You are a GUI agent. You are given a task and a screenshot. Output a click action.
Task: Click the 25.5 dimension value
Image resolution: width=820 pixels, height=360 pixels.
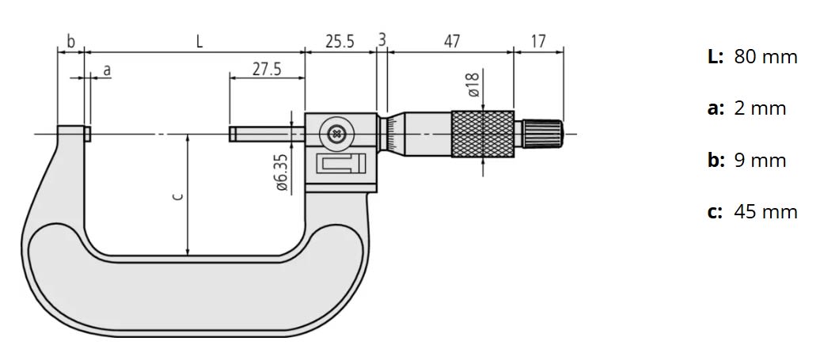[340, 41]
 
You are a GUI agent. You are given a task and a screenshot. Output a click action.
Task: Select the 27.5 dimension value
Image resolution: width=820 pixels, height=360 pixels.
[267, 69]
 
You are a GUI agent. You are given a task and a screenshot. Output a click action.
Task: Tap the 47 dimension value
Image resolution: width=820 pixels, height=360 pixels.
[451, 41]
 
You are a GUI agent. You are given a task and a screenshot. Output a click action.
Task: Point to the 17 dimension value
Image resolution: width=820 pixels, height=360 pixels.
[538, 41]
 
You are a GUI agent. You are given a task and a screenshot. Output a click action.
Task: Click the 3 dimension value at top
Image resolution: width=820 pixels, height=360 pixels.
[382, 40]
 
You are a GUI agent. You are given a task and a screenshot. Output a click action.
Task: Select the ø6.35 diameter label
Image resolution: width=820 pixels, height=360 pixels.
[281, 172]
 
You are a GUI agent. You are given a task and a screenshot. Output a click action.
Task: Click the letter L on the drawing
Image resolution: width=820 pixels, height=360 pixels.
[199, 41]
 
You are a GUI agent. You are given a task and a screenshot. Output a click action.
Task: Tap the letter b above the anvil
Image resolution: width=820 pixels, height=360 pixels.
[70, 41]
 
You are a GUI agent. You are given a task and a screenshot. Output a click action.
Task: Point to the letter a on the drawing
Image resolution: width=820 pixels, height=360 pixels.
[107, 70]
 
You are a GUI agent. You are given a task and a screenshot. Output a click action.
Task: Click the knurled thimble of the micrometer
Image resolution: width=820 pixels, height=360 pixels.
[482, 134]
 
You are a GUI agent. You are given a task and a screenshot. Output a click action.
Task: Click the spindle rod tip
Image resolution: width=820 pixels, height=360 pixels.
[233, 134]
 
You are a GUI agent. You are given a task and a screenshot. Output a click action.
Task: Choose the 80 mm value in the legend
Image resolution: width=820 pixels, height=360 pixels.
[765, 57]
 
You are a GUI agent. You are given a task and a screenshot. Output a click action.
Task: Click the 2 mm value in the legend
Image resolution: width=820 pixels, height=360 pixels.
[760, 108]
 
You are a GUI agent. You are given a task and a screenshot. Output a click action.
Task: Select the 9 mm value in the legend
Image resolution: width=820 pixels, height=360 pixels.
[760, 161]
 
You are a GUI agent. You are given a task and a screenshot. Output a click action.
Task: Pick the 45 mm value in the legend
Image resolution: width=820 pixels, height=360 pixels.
[765, 212]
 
